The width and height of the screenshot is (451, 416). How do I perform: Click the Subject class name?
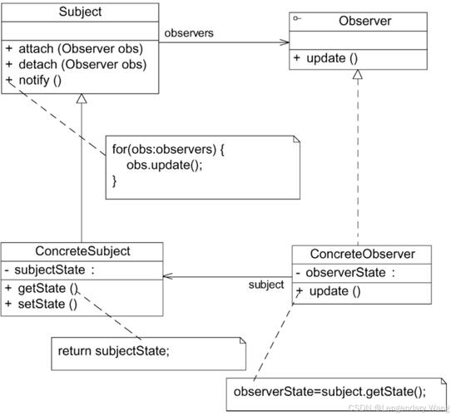(80, 12)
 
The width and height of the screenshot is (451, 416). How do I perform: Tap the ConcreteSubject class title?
(82, 250)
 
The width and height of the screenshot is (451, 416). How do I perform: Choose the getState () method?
(47, 288)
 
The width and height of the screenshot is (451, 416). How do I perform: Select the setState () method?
(47, 304)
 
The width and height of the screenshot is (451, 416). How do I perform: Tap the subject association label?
(266, 285)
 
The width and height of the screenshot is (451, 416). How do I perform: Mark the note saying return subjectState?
(114, 351)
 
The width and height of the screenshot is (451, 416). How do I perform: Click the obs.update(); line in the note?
(164, 165)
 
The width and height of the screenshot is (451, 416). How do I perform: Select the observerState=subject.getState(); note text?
(330, 392)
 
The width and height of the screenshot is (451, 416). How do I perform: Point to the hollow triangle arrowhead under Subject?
(82, 99)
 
